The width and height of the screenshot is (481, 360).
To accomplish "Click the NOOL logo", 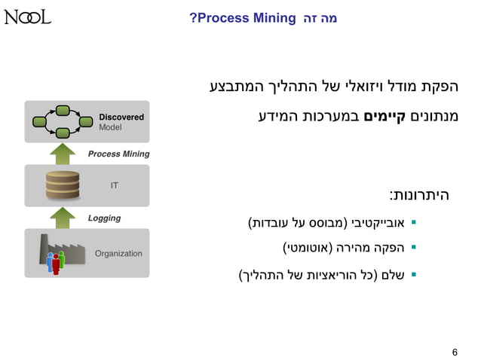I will [27, 17].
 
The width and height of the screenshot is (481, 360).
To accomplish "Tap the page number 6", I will [455, 352].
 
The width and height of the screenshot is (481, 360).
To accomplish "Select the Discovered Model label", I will [121, 122].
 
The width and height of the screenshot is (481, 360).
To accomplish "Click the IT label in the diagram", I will [114, 185].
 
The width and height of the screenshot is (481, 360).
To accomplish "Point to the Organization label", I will [118, 253].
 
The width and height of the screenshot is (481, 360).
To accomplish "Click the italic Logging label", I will [104, 218].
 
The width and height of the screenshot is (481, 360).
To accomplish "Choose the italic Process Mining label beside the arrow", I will [118, 154].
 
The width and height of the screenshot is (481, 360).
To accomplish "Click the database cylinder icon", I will [62, 185].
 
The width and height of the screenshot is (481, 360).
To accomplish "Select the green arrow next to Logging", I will [62, 218].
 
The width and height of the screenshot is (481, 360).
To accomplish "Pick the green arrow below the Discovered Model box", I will [62, 154].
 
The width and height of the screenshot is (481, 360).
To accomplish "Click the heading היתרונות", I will [419, 195].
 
